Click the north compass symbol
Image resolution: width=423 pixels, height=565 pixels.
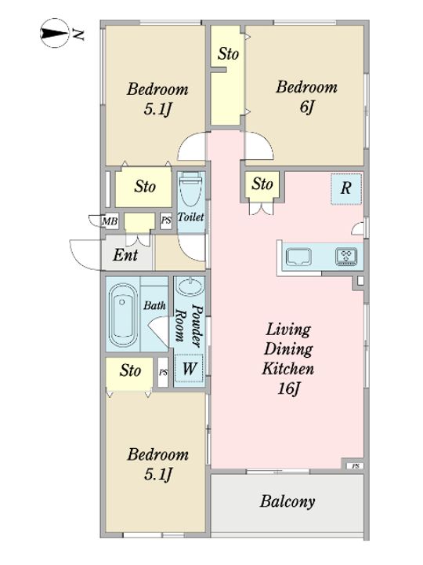point(54,33)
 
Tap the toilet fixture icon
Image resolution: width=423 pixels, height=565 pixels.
point(190,190)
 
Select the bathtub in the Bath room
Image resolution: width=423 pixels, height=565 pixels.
point(123,315)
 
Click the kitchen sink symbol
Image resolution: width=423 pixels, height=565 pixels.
point(298,257)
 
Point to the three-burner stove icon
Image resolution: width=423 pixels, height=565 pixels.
point(346,257)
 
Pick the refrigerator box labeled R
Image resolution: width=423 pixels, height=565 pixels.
point(346,189)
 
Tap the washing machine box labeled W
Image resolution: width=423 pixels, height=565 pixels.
point(190,368)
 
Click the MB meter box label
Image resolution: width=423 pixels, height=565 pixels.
point(110,221)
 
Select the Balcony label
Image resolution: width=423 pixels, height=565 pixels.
point(287,501)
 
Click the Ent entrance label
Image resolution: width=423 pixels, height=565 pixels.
point(125,255)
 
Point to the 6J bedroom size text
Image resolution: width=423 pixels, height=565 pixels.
point(307,107)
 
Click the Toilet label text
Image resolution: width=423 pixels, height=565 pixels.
point(190,217)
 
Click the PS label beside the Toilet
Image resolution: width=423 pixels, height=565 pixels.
point(166,220)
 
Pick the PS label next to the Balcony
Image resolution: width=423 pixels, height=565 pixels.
point(356,466)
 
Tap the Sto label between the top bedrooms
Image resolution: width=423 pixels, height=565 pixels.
point(228,53)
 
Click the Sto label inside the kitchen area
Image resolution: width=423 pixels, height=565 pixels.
point(262,184)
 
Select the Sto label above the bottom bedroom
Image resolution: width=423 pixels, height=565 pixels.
point(130,370)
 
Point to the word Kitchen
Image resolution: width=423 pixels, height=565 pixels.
point(288,369)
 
